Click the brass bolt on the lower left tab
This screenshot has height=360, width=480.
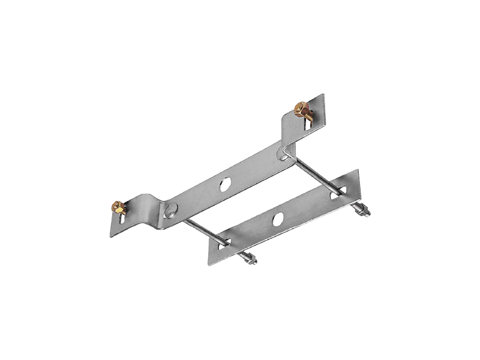118,208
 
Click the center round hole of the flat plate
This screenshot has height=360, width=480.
278,219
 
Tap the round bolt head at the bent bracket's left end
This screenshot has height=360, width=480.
172,209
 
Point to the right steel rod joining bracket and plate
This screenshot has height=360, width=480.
312,173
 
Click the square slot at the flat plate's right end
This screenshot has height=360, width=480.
333,194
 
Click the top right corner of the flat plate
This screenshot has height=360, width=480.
358,170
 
